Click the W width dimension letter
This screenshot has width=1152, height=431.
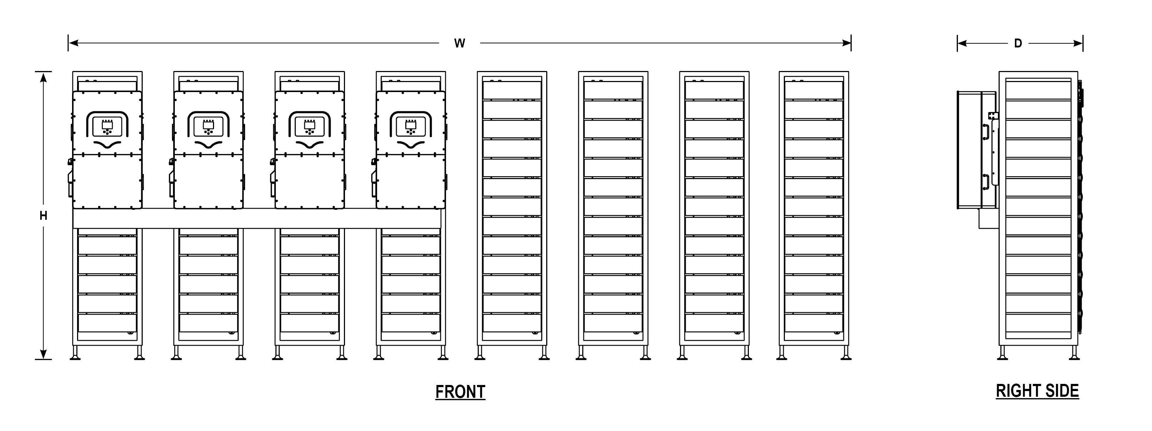click(459, 44)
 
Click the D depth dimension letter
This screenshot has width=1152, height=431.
click(1018, 44)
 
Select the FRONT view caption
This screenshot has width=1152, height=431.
click(460, 392)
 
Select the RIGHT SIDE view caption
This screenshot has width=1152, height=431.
click(1037, 391)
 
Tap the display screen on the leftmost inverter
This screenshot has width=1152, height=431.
click(107, 126)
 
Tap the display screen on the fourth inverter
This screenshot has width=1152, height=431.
click(411, 126)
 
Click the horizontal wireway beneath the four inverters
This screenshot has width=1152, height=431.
click(257, 218)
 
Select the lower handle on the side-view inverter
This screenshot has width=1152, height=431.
click(985, 182)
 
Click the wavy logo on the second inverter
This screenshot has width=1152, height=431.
click(208, 144)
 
